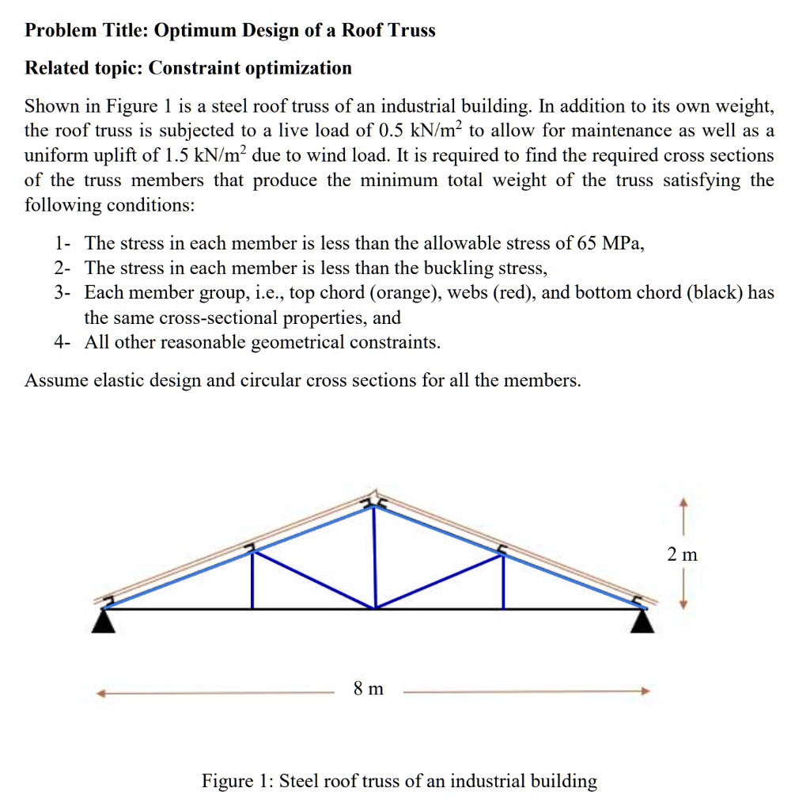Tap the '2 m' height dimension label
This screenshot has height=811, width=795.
coord(681,554)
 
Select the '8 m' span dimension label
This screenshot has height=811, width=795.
coord(368,689)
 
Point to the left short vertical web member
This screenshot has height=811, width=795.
coord(252,580)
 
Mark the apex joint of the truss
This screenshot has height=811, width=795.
coord(375,505)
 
